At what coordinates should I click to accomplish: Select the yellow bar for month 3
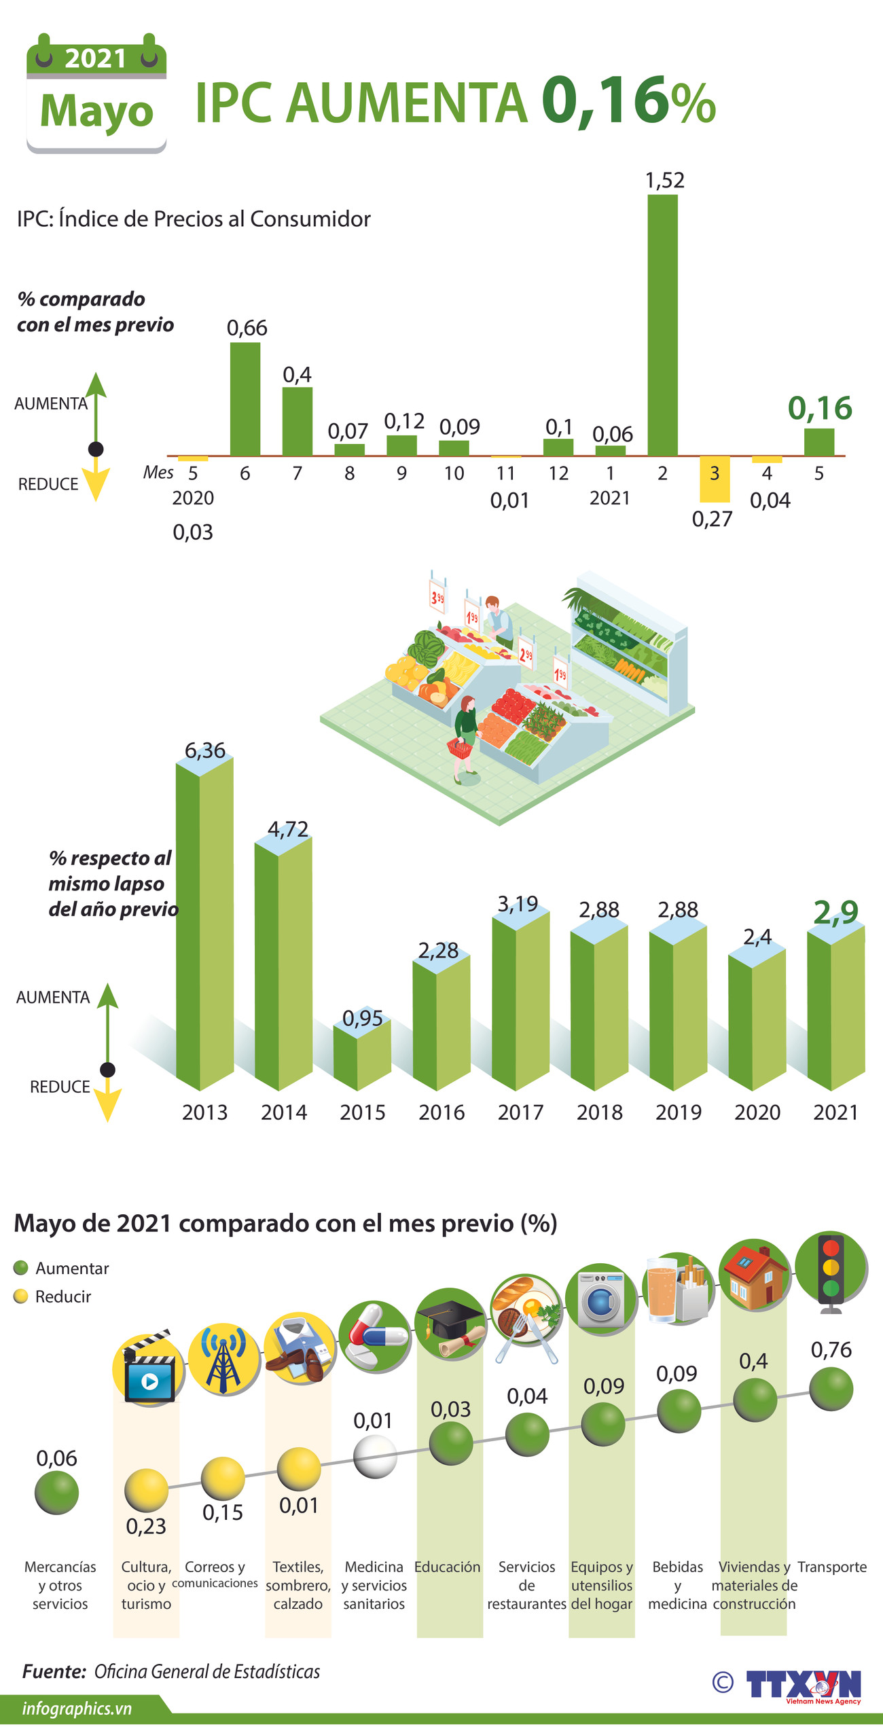click(715, 479)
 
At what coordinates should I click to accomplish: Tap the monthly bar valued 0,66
click(245, 399)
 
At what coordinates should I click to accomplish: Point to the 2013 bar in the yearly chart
click(204, 924)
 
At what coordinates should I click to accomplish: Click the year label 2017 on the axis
click(520, 1112)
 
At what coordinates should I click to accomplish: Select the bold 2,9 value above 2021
click(836, 912)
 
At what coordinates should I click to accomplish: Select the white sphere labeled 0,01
click(375, 1455)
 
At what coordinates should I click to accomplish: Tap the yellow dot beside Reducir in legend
click(21, 1296)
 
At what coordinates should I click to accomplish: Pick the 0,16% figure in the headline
click(628, 102)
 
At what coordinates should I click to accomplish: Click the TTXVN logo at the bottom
click(803, 1684)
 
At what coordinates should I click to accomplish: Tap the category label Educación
click(447, 1567)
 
